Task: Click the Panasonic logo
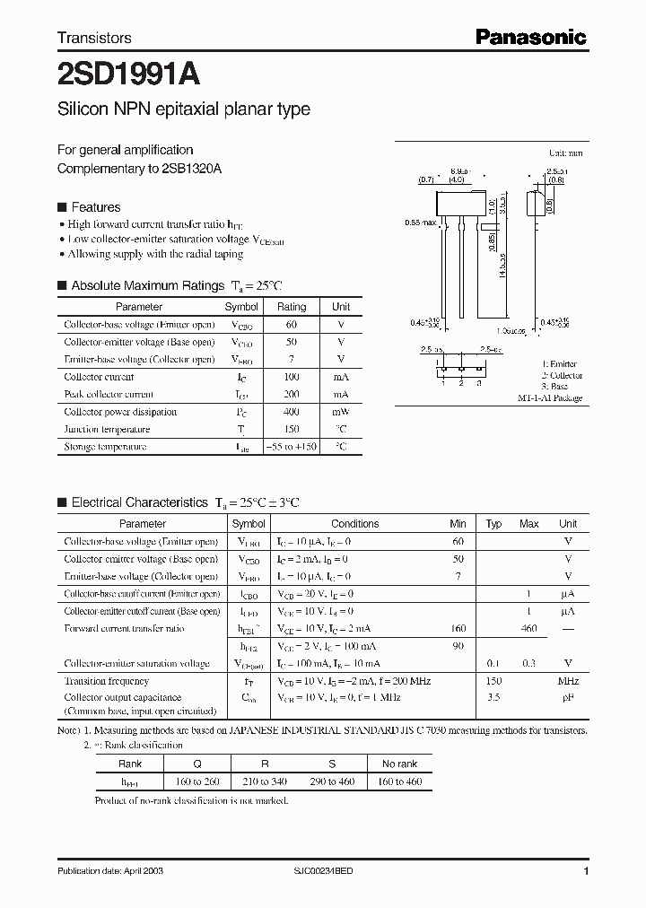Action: [x=530, y=37]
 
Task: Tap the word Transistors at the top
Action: [x=94, y=38]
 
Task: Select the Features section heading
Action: [x=95, y=207]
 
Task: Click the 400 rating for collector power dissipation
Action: [x=292, y=412]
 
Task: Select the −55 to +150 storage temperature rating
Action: [x=292, y=446]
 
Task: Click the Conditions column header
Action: [x=354, y=524]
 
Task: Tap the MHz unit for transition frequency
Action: [x=568, y=681]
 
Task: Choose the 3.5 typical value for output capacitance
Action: [x=493, y=697]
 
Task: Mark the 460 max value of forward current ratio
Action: [x=528, y=629]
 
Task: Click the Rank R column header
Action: [x=264, y=764]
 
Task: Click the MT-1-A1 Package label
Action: [x=550, y=397]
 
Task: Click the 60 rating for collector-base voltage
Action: [x=292, y=325]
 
